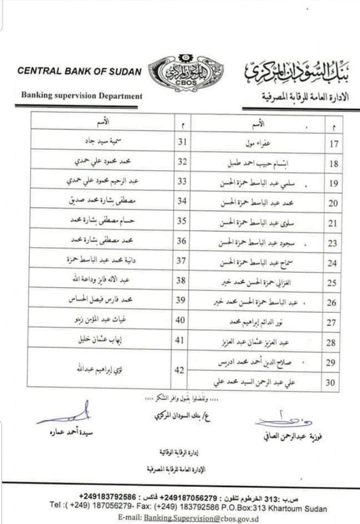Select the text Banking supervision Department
pos(81,96)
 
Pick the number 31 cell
pos(182,142)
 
